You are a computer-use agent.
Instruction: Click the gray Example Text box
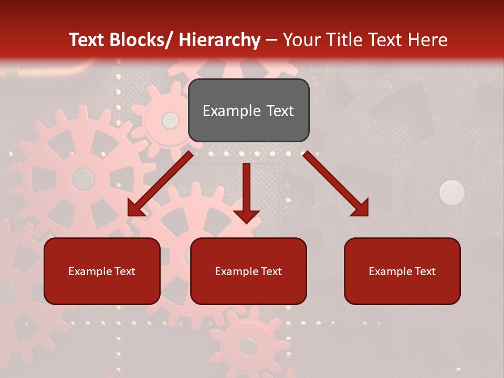(x=248, y=110)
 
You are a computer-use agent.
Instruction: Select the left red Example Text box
(x=102, y=271)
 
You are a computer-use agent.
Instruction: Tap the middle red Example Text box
(x=248, y=271)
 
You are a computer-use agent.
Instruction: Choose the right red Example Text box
(x=402, y=271)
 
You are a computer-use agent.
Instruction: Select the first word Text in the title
(x=88, y=40)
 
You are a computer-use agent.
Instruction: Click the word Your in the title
(x=302, y=40)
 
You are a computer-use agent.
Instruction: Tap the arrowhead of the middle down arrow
(x=246, y=216)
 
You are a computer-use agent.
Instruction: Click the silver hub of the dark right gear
(x=452, y=193)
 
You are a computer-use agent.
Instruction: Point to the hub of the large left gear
(x=82, y=179)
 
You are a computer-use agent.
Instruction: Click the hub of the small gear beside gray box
(x=170, y=121)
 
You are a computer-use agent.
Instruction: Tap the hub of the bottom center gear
(x=248, y=346)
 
